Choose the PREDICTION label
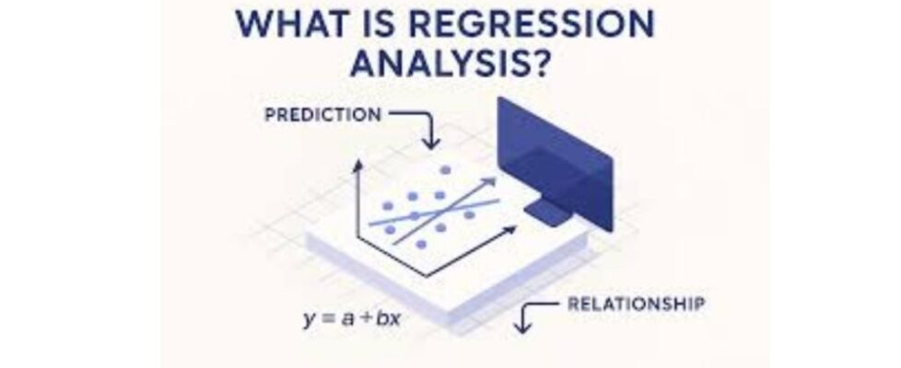coord(322,115)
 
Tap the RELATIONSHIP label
coord(636,304)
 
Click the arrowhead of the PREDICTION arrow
coord(430,142)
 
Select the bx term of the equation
coord(388,318)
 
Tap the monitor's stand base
coord(547,213)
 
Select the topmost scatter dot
coord(445,170)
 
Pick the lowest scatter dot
coord(421,245)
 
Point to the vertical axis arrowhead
coord(358,165)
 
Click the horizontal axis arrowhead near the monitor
coord(509,230)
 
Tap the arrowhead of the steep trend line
coord(489,182)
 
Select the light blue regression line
coord(435,212)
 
